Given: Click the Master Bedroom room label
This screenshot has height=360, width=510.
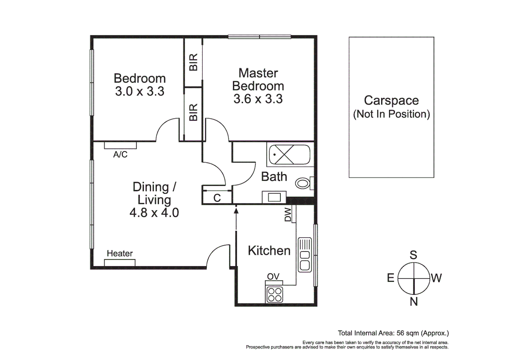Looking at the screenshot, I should tap(258, 79).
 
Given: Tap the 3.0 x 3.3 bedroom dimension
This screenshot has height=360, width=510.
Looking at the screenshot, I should tap(140, 91).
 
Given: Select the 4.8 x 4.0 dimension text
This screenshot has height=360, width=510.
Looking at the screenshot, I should tap(154, 212).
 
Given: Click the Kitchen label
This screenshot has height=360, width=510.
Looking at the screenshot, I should tap(269, 251).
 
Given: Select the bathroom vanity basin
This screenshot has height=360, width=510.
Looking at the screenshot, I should tap(274, 197).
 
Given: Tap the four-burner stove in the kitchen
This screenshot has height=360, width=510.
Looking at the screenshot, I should tap(275, 294).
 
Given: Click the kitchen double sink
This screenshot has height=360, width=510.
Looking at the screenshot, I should tap(305, 255).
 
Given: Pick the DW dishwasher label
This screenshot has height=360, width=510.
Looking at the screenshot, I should tap(288, 215).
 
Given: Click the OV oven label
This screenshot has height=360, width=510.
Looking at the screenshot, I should tap(273, 276).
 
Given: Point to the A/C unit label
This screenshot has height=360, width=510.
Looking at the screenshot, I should tap(120, 154).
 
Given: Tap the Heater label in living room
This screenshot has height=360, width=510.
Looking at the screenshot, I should tap(120, 253).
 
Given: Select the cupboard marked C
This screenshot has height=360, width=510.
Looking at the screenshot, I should tap(217, 198).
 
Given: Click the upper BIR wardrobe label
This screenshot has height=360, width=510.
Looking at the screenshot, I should tap(193, 62).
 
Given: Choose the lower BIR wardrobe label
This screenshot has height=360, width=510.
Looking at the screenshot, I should tap(193, 112).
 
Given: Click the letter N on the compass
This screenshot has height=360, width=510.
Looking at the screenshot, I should tap(414, 301).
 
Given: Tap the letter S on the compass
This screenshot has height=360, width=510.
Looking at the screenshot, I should tap(413, 255).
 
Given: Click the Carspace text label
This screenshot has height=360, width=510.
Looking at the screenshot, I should tap(391, 100).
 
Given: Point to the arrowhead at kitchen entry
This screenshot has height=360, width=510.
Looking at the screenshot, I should tap(236, 210).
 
